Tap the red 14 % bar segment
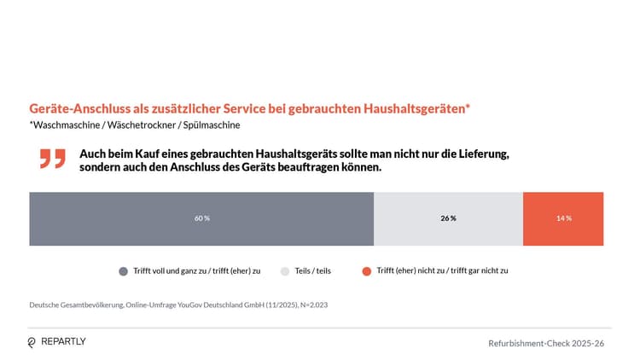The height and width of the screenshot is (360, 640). coord(562,218)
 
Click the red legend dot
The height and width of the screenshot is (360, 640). coord(366,270)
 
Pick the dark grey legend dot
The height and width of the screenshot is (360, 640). coord(124,270)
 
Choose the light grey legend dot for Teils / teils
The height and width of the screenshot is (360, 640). coord(285,270)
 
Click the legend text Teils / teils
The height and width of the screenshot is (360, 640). coord(313,270)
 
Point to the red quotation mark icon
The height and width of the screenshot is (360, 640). coord(52,159)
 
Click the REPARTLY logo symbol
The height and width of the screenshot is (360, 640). coord(32,342)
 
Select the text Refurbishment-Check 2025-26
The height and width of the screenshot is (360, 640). coord(546,343)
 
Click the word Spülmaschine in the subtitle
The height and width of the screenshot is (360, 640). coord(212,125)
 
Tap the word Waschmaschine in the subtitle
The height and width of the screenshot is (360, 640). coord(65,125)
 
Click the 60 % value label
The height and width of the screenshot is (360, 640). coord(201,218)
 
